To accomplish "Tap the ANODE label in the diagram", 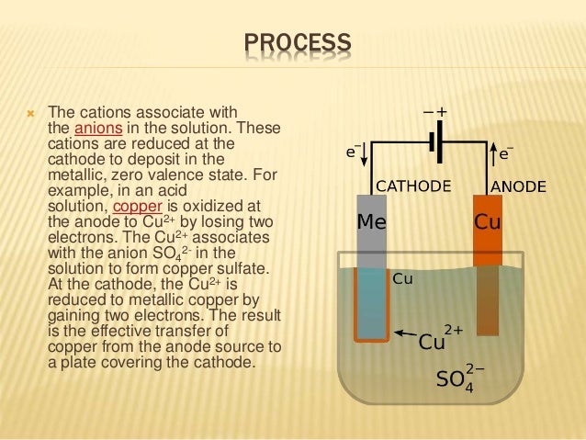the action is click(x=520, y=186).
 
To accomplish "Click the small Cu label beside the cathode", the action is click(x=402, y=277).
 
